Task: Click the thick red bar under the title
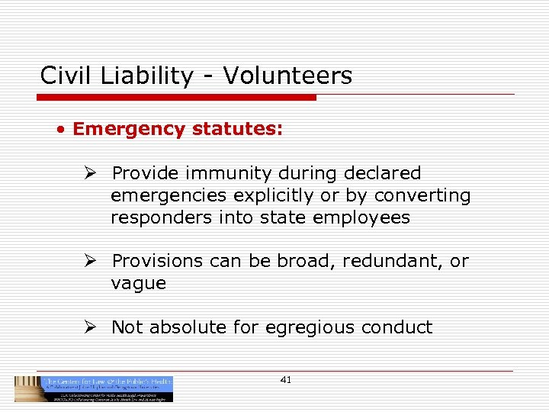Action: coord(176,98)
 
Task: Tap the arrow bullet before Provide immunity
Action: coord(90,173)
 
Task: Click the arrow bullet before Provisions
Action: coord(90,261)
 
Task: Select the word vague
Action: coord(138,283)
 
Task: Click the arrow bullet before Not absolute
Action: coord(90,327)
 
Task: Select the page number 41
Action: coord(286,380)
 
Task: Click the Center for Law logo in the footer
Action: coord(94,388)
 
